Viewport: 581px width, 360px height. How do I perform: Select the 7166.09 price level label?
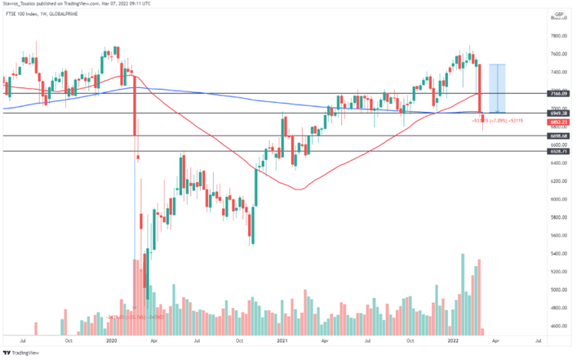[x=560, y=94]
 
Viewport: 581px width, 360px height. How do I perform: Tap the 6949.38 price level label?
[x=560, y=113]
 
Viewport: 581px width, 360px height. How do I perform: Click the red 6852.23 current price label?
[x=560, y=121]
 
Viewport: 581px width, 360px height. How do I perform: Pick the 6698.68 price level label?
[x=560, y=136]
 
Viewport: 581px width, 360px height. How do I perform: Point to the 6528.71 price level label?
[x=560, y=151]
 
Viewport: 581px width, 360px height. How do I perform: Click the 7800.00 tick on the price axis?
[x=559, y=36]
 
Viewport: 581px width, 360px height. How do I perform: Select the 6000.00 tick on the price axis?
[x=559, y=199]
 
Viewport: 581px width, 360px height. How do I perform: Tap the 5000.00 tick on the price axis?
[x=559, y=290]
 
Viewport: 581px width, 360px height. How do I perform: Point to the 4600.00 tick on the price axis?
[x=559, y=326]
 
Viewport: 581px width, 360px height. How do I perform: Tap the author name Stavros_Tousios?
[x=24, y=4]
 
